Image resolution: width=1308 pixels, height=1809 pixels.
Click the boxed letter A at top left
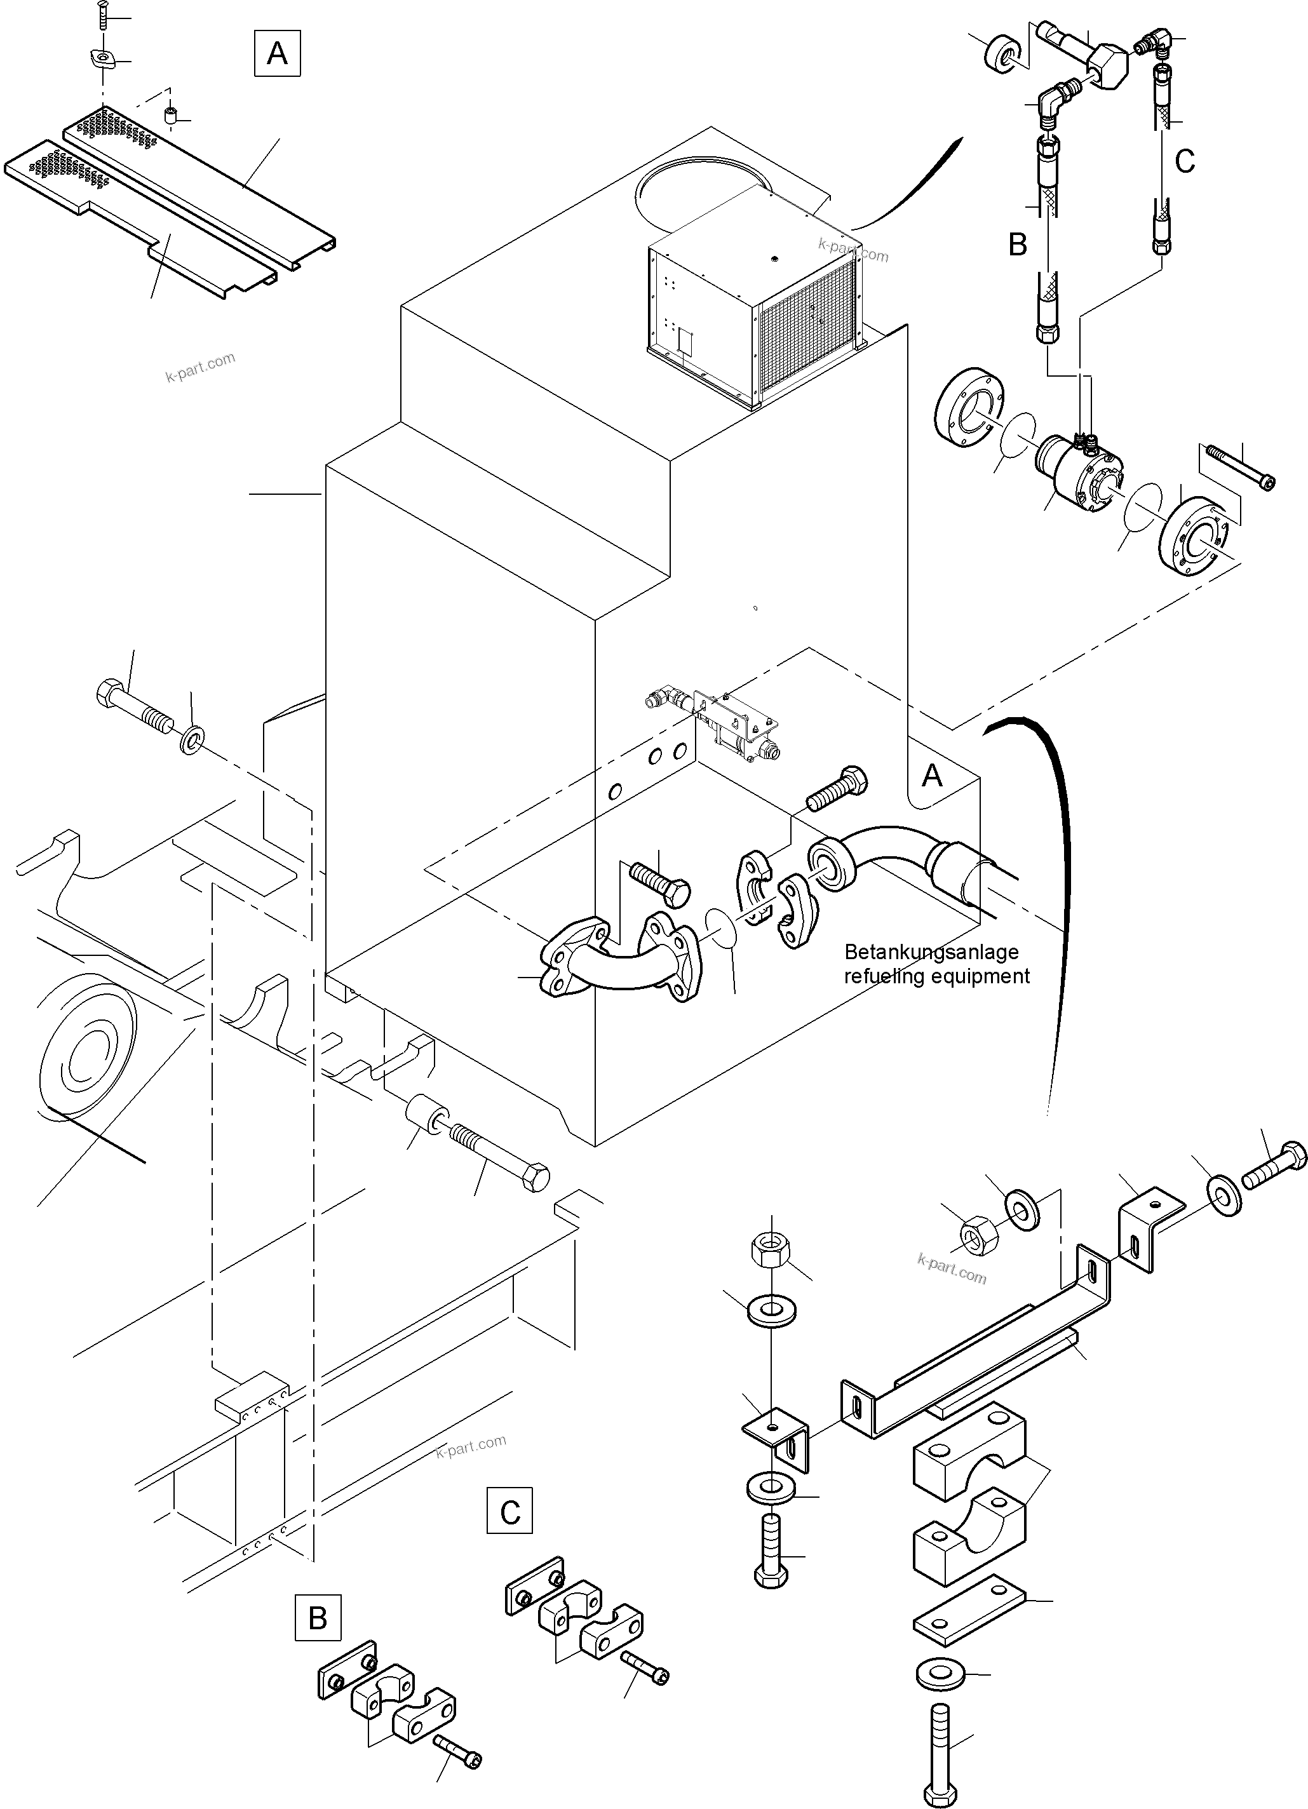(x=277, y=53)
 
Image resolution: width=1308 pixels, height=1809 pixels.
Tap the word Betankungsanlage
(x=931, y=952)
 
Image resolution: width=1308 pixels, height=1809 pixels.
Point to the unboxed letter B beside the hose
(x=1017, y=244)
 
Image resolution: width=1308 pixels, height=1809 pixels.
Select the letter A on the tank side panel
(x=931, y=776)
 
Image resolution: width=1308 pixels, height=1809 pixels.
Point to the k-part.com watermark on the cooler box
(x=852, y=250)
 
